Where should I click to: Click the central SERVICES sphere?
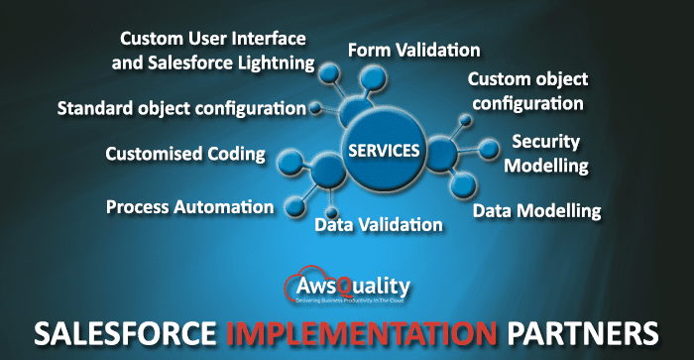click(383, 151)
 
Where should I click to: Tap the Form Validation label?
click(413, 50)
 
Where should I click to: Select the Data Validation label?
click(378, 225)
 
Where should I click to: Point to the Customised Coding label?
click(185, 154)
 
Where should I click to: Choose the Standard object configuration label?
click(181, 106)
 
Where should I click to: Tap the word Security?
click(545, 142)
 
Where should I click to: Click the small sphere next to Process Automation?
click(294, 206)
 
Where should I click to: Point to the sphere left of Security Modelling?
click(488, 149)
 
